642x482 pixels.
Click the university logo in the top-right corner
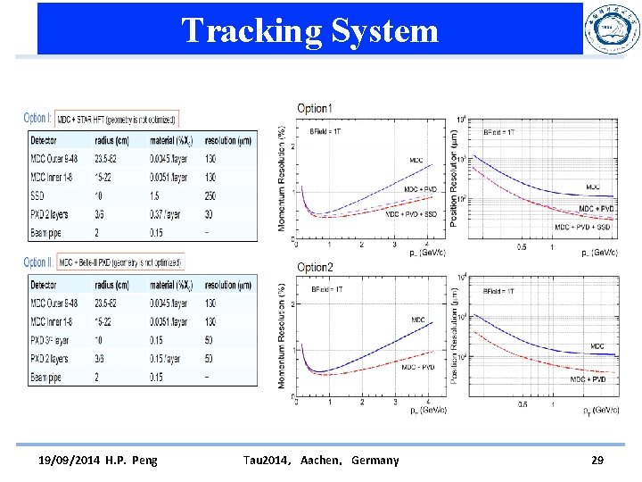click(611, 29)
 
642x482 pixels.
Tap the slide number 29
click(597, 460)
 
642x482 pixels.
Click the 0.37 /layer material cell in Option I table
click(169, 214)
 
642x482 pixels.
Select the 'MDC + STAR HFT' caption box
click(118, 119)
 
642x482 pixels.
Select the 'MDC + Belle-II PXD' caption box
click(120, 262)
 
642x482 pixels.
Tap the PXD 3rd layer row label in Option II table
click(50, 340)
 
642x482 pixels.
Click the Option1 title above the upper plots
click(315, 109)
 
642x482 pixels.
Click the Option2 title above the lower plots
click(315, 268)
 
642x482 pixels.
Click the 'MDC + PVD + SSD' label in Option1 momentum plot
click(413, 214)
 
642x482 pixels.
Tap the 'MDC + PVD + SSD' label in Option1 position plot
click(584, 227)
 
